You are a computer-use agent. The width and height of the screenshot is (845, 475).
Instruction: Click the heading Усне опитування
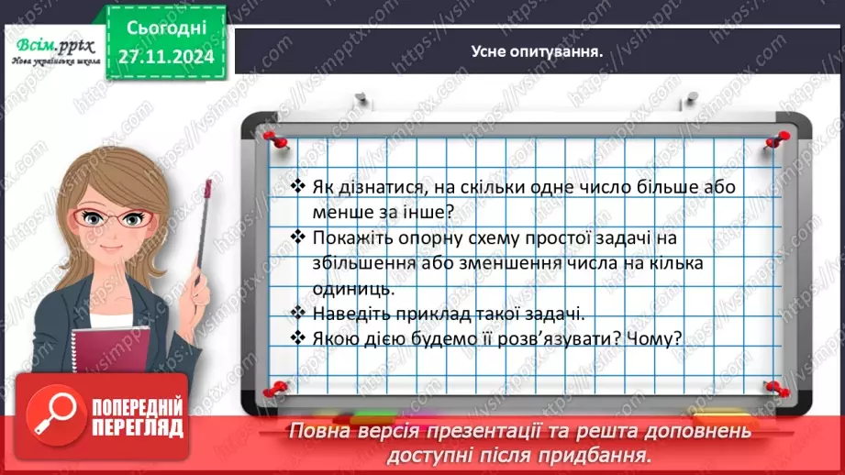[536, 51]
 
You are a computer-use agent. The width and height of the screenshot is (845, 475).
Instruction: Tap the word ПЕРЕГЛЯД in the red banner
[139, 428]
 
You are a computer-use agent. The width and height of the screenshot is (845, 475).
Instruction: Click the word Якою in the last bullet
[331, 338]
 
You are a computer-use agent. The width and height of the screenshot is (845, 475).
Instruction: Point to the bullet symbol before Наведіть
[296, 313]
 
